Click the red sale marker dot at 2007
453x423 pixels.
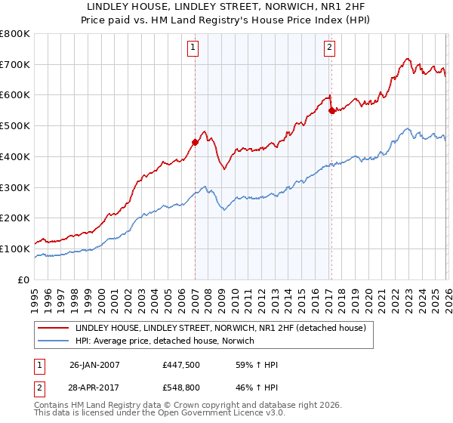coord(195,141)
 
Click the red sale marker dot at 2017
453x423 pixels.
coord(331,110)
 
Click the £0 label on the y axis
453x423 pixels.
coord(24,279)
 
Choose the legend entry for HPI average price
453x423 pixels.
coord(165,341)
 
